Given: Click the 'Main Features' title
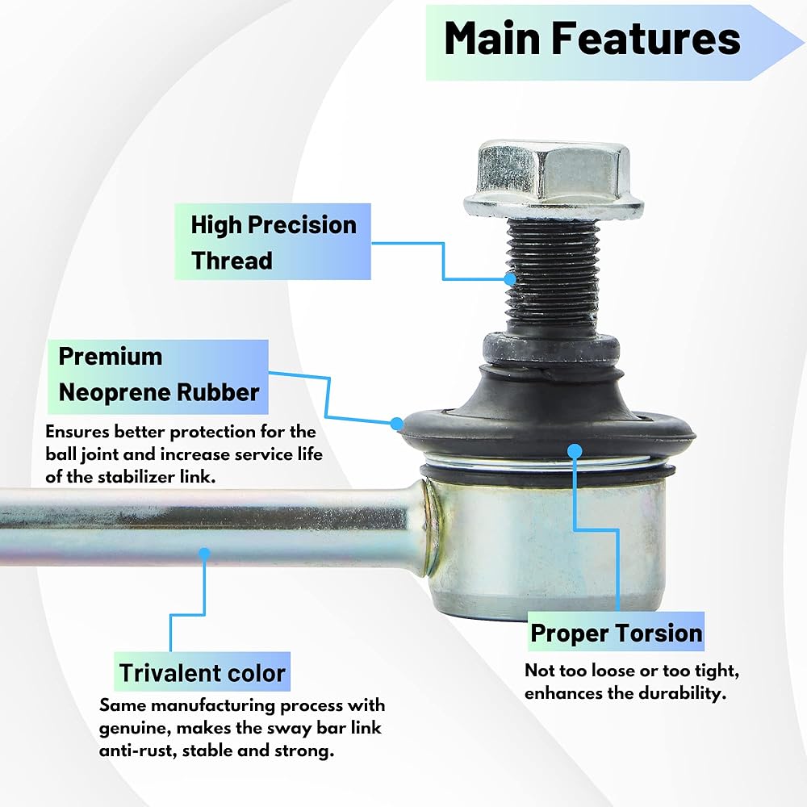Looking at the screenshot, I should click(x=592, y=40).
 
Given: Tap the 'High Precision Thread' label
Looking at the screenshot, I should click(x=273, y=242).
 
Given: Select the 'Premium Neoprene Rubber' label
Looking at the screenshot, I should click(x=159, y=374).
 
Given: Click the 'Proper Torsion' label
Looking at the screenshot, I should click(x=616, y=633).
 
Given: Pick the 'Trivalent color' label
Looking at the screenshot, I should click(x=202, y=672).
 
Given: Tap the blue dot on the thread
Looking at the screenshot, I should click(x=509, y=279).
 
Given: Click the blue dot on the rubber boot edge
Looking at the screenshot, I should click(x=396, y=423).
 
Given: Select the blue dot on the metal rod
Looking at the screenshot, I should click(x=204, y=554).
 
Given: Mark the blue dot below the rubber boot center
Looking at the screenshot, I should click(x=574, y=450).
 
